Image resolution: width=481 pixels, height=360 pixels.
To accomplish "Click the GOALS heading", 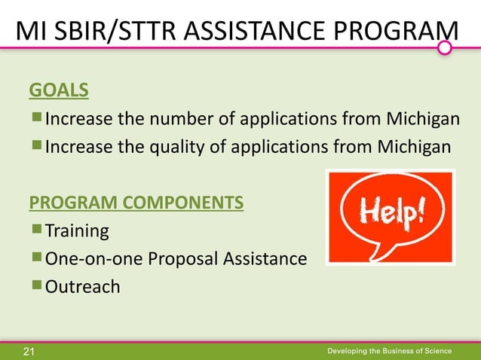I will click(x=58, y=91).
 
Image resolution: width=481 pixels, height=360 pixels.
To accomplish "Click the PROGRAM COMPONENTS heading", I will click(x=136, y=203).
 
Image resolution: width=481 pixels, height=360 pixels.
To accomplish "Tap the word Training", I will click(x=78, y=230).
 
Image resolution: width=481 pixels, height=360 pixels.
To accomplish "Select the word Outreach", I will click(x=83, y=287).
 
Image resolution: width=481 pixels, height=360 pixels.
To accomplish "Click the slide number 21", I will click(x=29, y=351).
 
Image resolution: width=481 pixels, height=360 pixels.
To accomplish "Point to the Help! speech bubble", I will click(x=389, y=213).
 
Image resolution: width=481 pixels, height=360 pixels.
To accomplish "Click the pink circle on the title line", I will click(x=446, y=48).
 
